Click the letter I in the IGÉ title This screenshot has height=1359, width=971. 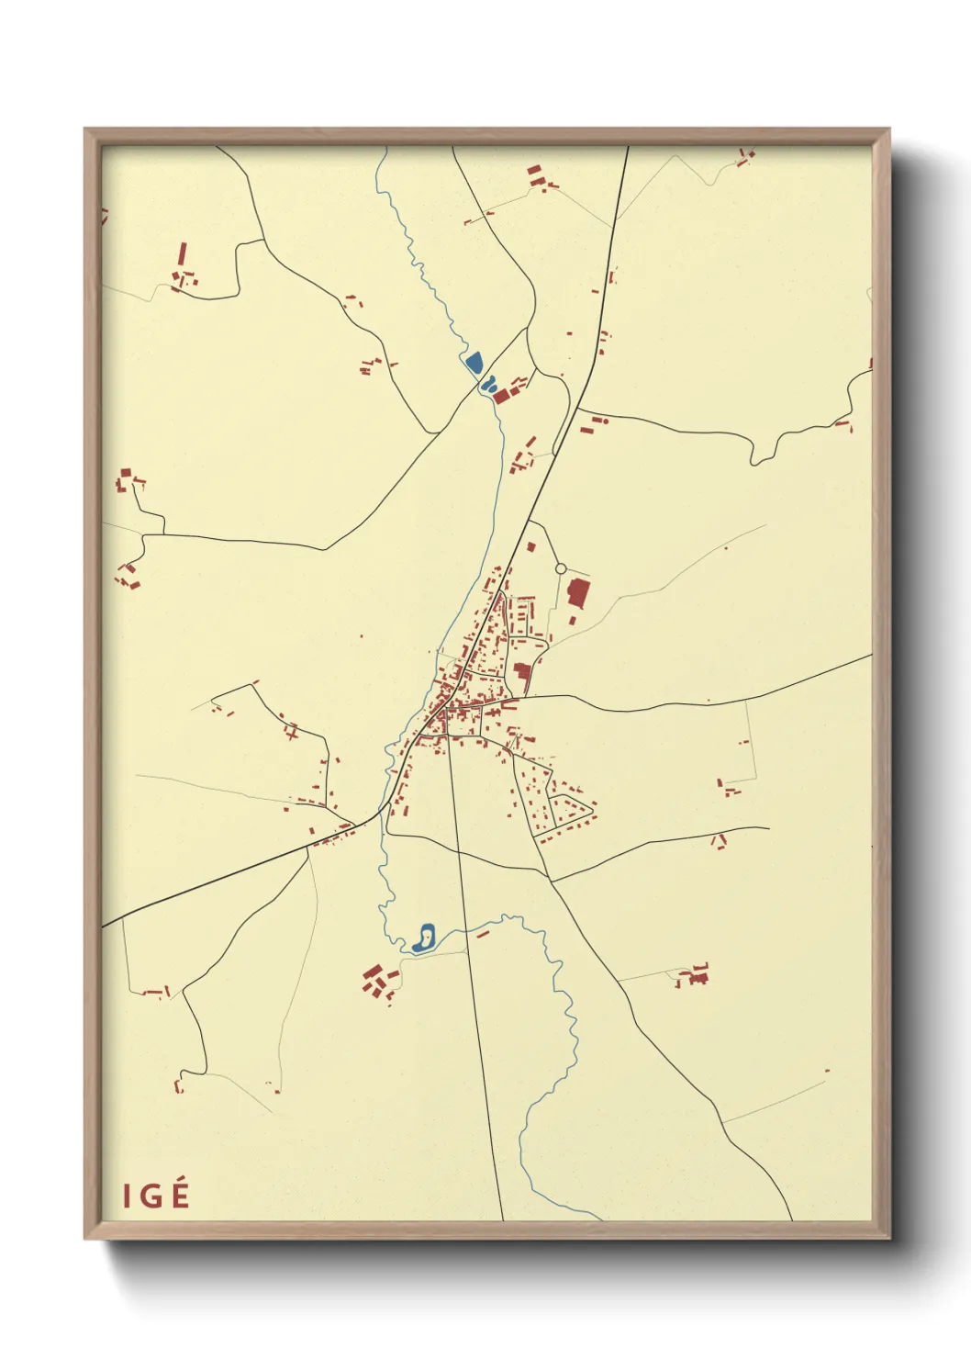click(x=127, y=1196)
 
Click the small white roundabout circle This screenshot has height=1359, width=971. click(x=561, y=568)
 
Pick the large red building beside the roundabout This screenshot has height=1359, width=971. click(x=578, y=592)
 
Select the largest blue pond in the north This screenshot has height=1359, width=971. click(x=474, y=362)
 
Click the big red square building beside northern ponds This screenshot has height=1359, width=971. click(x=502, y=395)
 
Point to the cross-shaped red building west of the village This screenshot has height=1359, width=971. click(x=292, y=732)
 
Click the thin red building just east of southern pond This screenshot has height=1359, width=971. click(x=483, y=934)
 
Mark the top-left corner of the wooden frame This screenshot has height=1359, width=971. click(x=85, y=129)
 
